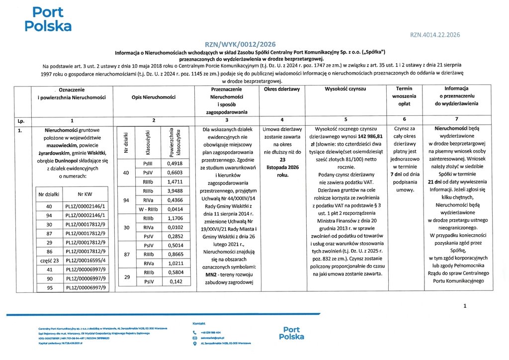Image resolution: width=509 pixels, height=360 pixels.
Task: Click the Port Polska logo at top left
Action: coord(48,19)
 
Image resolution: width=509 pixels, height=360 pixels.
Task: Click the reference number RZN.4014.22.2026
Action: coord(435,34)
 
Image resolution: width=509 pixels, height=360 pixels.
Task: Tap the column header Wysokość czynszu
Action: coord(345,89)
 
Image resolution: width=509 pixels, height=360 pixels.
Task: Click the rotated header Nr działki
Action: coord(127,138)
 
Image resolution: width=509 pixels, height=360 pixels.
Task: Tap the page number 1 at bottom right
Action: coord(465,306)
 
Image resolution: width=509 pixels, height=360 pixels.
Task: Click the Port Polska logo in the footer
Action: coord(291,333)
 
